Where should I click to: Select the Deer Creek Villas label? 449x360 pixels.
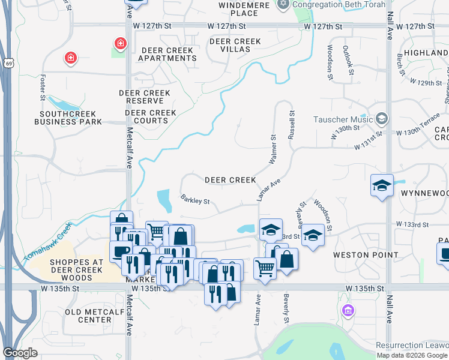pyautogui.click(x=235, y=46)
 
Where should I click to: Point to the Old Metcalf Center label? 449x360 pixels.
pyautogui.click(x=97, y=316)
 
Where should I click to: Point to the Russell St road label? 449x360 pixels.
pyautogui.click(x=292, y=124)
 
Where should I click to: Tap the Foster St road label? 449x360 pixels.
pyautogui.click(x=43, y=87)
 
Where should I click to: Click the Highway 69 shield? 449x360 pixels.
pyautogui.click(x=8, y=63)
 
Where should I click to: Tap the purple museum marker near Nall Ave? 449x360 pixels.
pyautogui.click(x=348, y=311)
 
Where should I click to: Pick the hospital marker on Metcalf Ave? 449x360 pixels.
pyautogui.click(x=121, y=44)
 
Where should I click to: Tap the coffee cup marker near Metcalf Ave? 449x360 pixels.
pyautogui.click(x=119, y=251)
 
